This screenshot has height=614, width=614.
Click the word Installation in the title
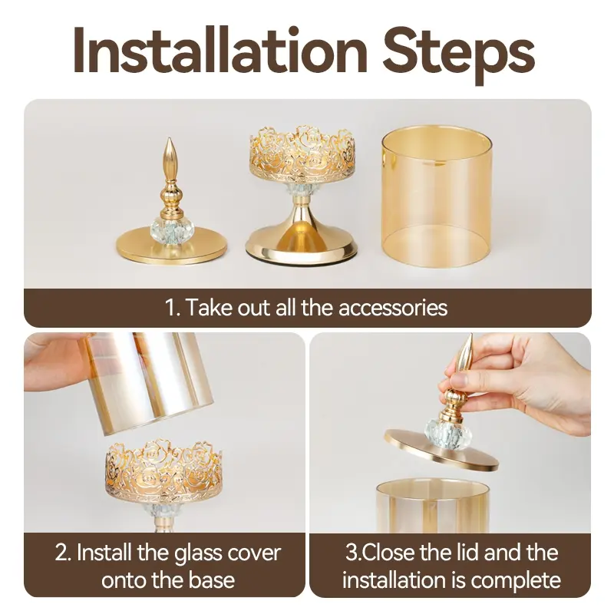(220, 51)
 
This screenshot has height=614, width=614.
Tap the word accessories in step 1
(393, 308)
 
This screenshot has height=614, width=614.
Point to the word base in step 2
(212, 580)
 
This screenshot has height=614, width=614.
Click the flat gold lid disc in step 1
(171, 246)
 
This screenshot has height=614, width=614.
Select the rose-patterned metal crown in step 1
(302, 154)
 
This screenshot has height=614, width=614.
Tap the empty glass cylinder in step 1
(436, 197)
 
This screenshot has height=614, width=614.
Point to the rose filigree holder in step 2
(163, 470)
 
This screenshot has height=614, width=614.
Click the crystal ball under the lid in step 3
(441, 434)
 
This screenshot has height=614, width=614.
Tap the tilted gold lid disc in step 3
(441, 450)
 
